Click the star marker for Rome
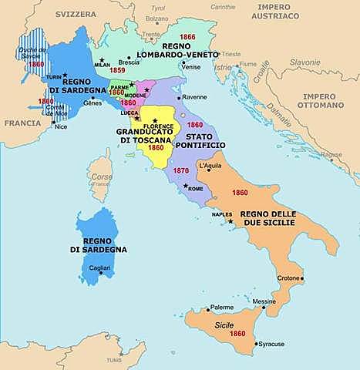185,186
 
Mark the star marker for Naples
229,221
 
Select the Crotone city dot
303,278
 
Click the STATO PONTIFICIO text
198,140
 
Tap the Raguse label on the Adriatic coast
332,154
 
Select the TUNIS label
114,359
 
